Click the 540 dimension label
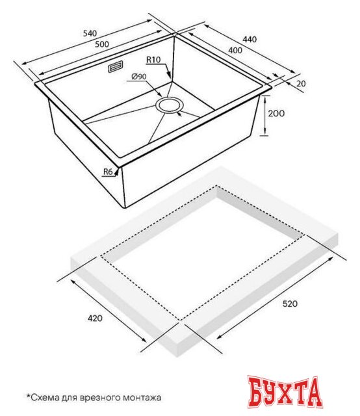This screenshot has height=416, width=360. pos(90,33)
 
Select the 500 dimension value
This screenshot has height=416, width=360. pos(102,44)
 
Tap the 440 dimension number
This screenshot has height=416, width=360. pos(250,39)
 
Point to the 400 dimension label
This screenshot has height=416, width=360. pos(235,50)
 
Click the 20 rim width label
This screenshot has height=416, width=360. pos(301,84)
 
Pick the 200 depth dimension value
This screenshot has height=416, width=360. pos(276,113)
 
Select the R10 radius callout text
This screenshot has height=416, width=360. pos(153,60)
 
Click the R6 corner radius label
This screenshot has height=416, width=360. pos(108,172)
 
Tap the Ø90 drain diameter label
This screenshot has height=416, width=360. pos(139,77)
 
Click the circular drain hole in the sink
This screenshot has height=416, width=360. pos(169,105)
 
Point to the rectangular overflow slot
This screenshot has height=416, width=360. pos(116,66)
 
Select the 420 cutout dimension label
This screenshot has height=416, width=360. pos(95,318)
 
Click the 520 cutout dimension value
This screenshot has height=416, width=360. pos(290,304)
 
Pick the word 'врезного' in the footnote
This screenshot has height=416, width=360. pos(102,398)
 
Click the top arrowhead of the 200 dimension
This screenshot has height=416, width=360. pos(265,98)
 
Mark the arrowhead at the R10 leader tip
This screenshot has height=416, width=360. pos(169,75)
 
